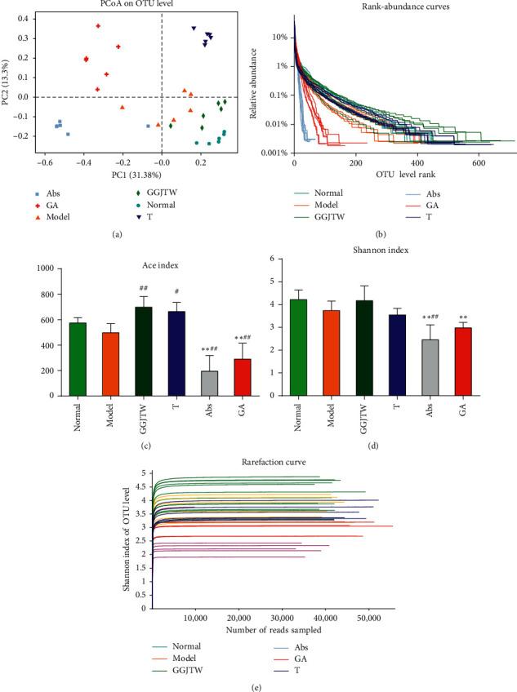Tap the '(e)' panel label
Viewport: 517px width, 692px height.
(x=257, y=685)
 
